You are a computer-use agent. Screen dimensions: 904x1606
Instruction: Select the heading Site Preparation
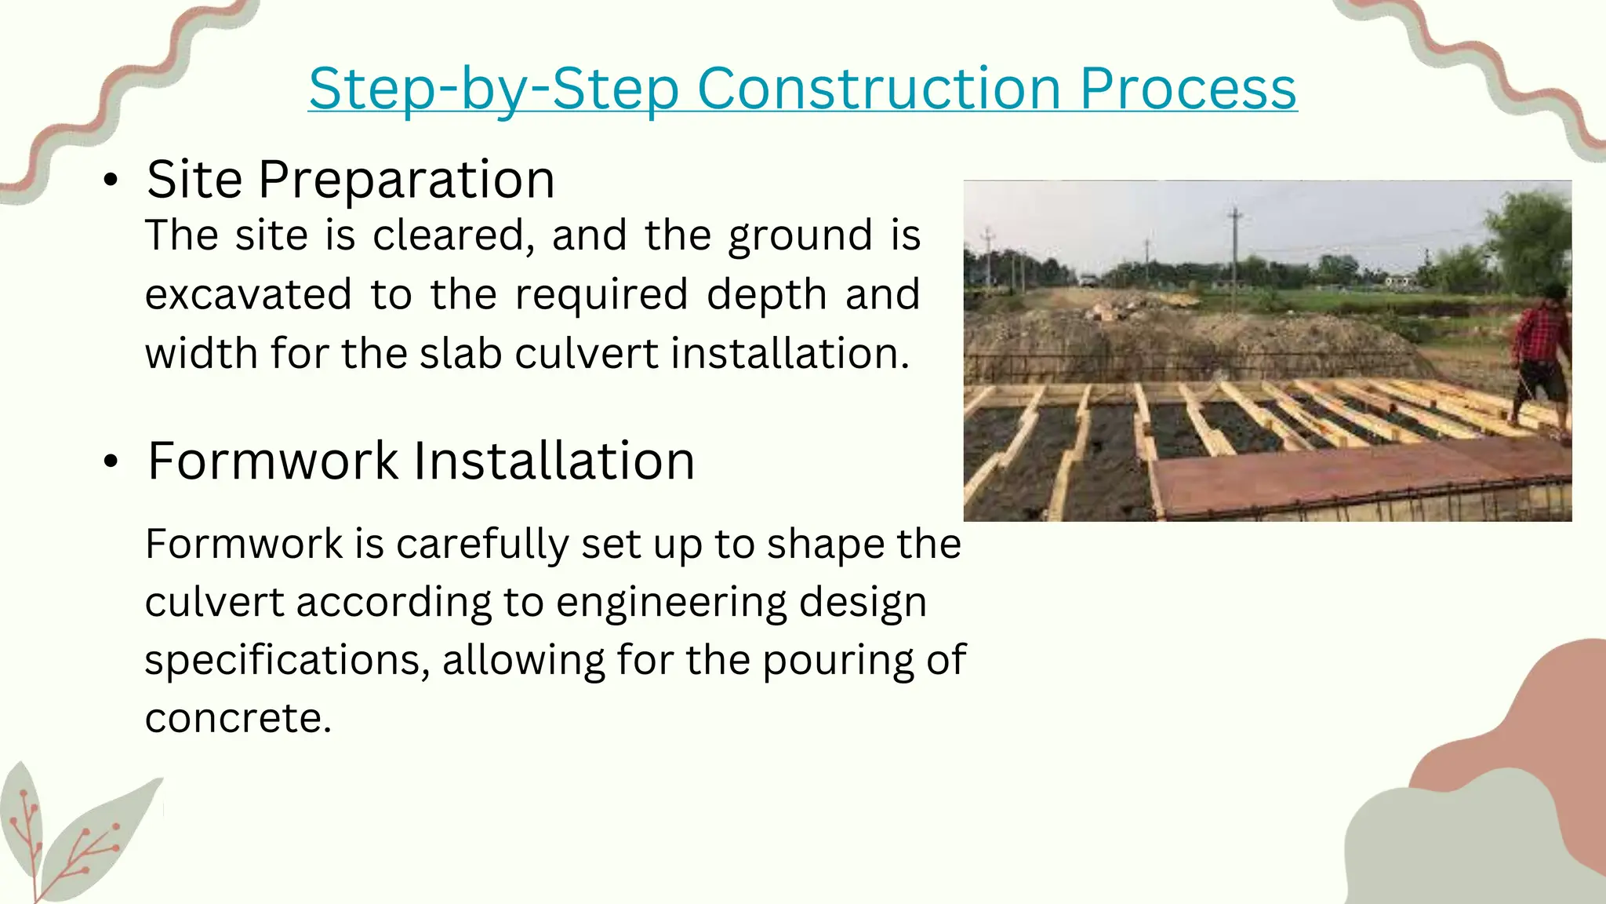[351, 180]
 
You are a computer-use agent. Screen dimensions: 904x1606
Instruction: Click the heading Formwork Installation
[421, 461]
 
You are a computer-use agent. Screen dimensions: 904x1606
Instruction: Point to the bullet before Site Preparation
[111, 180]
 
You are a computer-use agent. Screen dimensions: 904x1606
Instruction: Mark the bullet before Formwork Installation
[111, 461]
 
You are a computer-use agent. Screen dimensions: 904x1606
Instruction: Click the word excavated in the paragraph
[248, 294]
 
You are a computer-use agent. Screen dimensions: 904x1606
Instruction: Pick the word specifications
[287, 660]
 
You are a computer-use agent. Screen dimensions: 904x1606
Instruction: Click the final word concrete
[238, 718]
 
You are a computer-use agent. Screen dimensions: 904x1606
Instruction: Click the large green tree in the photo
[1529, 235]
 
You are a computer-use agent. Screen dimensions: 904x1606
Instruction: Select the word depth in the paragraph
[766, 294]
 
